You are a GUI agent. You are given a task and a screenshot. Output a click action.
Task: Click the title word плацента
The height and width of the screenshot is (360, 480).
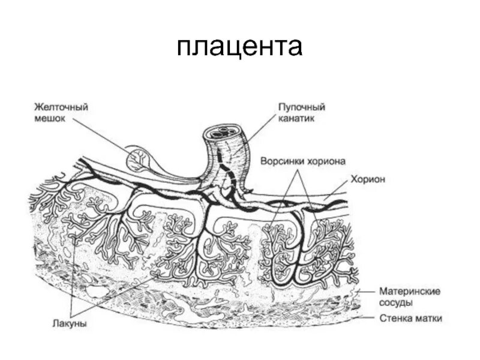pos(239,47)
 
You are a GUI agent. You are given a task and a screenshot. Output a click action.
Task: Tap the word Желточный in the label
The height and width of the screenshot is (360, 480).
pos(61,107)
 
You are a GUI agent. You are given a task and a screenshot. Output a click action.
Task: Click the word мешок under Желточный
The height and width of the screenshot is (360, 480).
pos(49,119)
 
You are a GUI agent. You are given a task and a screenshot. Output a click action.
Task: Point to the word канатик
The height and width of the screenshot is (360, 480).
pos(296,119)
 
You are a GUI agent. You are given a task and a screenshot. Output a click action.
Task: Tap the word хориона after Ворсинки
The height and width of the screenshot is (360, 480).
pos(328,161)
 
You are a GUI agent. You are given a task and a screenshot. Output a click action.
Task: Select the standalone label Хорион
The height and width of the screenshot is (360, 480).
pos(367,179)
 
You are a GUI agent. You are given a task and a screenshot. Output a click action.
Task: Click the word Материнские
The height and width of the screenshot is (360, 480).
pos(410,291)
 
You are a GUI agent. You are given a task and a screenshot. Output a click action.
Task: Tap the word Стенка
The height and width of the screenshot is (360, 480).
pos(397,318)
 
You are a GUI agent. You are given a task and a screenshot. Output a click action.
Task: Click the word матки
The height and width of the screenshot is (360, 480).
pos(429,318)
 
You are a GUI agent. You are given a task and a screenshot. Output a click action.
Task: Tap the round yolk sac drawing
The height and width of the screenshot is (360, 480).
pos(139,159)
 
